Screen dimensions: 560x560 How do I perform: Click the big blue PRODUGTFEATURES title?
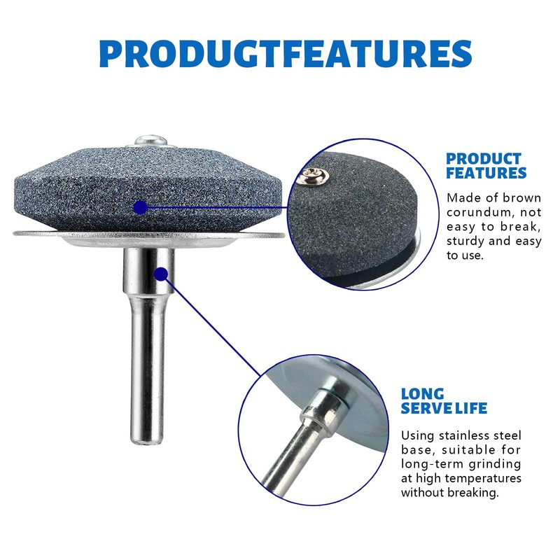(x=286, y=54)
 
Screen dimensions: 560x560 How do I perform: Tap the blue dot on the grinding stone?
(x=141, y=207)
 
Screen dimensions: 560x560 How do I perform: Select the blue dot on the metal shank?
(x=162, y=274)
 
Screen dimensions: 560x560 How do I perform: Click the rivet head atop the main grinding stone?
(x=151, y=140)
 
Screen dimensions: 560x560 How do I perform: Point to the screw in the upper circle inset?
(x=314, y=176)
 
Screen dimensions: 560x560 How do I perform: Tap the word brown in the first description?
(x=521, y=198)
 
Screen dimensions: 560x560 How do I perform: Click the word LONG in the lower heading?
(x=423, y=394)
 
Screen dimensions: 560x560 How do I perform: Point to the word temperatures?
(x=483, y=479)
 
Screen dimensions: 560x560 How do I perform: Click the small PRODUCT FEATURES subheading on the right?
(x=486, y=166)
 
